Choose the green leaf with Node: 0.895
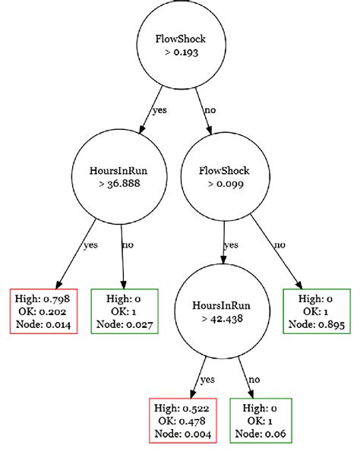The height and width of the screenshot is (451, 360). coord(316,311)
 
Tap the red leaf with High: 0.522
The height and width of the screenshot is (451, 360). coord(183,420)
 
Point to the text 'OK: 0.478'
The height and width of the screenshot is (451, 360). coord(183,420)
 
